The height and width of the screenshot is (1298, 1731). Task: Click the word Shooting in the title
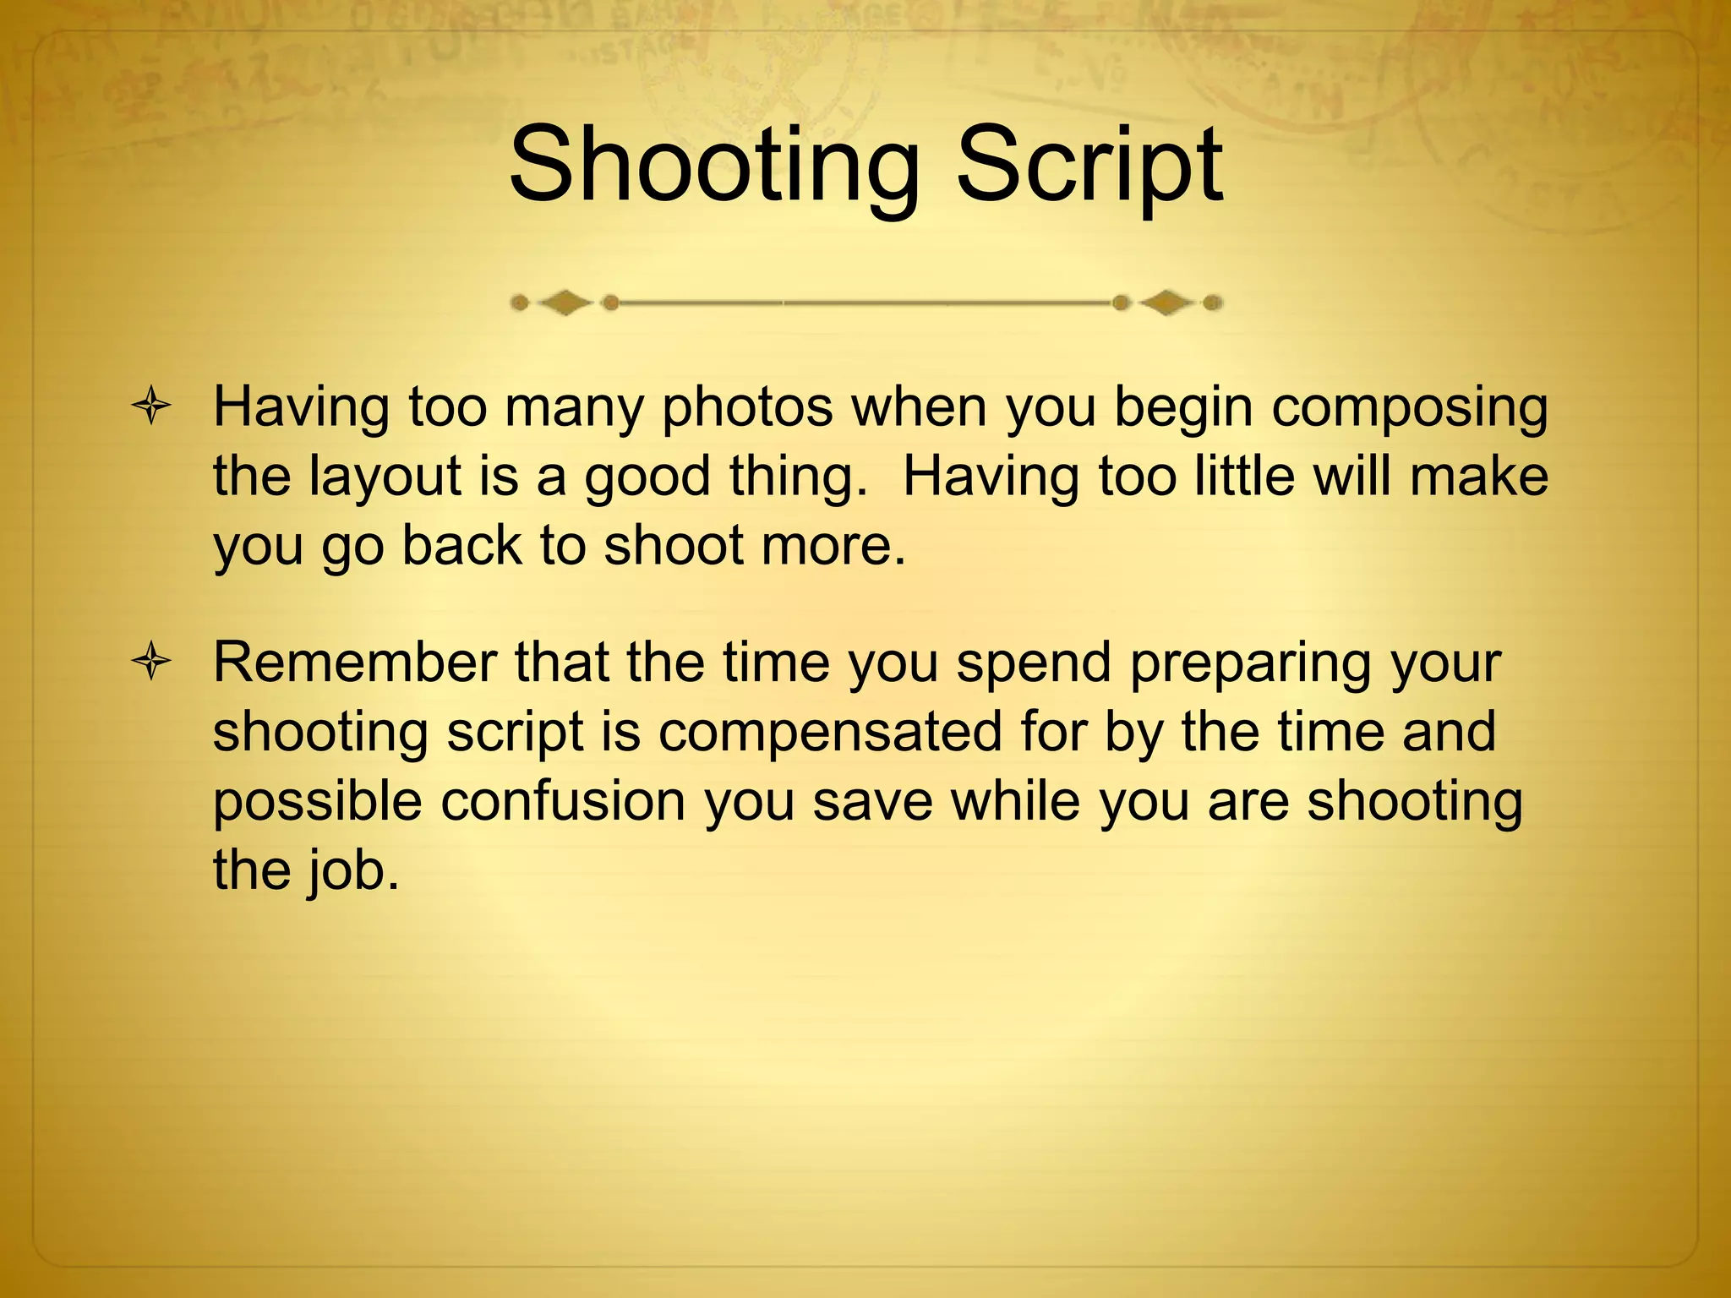[x=714, y=165]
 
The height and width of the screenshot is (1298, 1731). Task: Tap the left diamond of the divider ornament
[x=565, y=302]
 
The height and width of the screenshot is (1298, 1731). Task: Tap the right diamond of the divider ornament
[x=1167, y=302]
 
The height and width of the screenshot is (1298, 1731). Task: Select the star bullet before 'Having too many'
[x=151, y=407]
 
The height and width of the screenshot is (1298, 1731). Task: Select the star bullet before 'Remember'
[x=151, y=662]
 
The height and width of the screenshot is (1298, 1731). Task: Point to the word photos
[x=747, y=407]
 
